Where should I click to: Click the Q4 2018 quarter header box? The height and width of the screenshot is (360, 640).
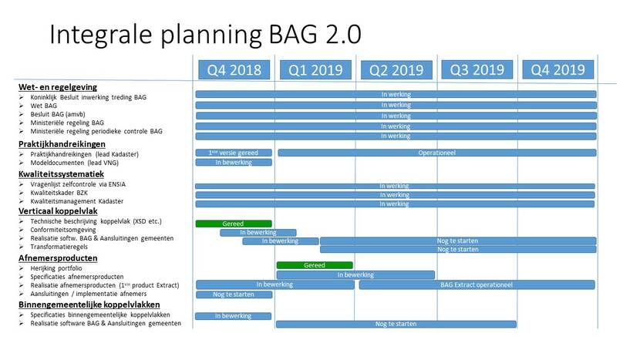(x=234, y=70)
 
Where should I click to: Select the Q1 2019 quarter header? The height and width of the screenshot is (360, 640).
(x=315, y=70)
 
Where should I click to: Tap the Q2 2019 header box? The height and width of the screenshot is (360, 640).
(x=396, y=70)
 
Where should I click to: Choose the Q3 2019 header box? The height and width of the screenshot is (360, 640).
(x=477, y=70)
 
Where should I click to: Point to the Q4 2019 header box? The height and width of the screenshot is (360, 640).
(x=558, y=70)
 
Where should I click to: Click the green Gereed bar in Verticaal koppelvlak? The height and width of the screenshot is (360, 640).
(x=234, y=224)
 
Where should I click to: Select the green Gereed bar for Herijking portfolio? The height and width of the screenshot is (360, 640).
(x=315, y=265)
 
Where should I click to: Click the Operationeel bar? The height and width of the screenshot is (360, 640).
(x=437, y=153)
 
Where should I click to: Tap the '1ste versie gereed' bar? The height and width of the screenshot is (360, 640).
(x=234, y=153)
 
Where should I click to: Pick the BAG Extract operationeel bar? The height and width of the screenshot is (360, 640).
(x=477, y=284)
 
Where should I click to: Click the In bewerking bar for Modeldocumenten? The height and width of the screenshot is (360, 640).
(x=234, y=163)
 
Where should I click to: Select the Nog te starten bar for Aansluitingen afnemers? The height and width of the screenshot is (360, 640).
(x=234, y=294)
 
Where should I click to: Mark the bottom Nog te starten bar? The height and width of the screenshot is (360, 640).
(x=396, y=324)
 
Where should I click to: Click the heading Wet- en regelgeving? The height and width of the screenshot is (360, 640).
(x=58, y=87)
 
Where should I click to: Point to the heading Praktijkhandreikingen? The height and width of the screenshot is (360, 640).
(x=62, y=144)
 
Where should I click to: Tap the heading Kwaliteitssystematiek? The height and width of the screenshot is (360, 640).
(x=61, y=174)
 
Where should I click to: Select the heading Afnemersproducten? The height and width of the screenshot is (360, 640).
(x=58, y=258)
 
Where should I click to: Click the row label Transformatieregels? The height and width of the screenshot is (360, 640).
(x=59, y=247)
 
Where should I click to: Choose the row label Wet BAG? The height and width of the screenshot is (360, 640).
(x=44, y=106)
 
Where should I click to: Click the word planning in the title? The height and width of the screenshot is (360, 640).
(x=211, y=35)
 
